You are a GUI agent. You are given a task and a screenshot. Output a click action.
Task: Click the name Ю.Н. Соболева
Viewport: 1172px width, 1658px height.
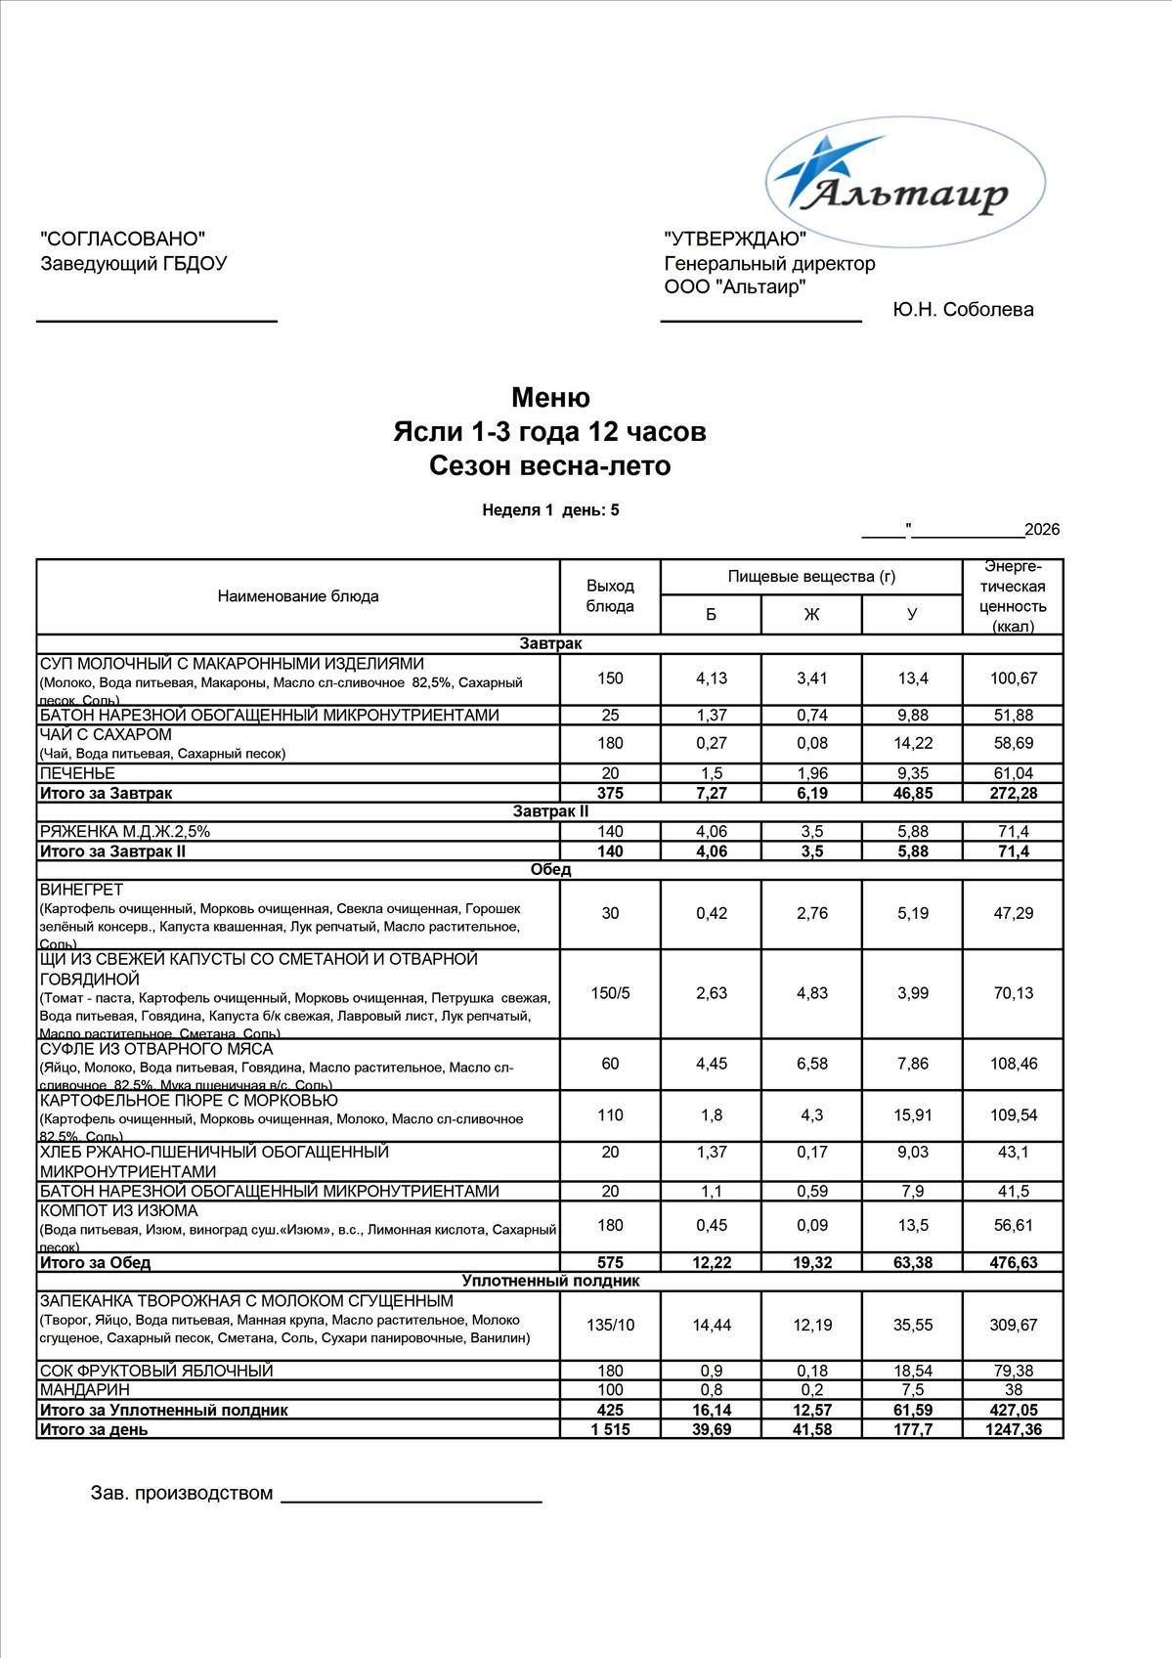[963, 310]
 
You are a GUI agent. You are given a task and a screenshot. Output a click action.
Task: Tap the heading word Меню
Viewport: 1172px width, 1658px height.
[550, 398]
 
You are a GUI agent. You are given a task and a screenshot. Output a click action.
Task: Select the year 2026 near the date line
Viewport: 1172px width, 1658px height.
[1042, 530]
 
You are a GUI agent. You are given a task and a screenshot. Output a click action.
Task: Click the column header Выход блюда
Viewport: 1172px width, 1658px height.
[610, 595]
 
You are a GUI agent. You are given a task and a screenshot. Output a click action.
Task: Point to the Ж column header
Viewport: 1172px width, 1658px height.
[811, 614]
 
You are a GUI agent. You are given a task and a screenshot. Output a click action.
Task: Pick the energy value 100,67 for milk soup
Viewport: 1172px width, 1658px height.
[1013, 678]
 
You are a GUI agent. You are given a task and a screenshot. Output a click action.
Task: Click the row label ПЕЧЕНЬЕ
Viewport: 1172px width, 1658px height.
[77, 773]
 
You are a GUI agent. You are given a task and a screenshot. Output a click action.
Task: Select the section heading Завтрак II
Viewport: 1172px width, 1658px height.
[550, 811]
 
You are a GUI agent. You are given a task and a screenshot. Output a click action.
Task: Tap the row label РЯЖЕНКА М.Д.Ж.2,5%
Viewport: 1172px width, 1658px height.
[125, 832]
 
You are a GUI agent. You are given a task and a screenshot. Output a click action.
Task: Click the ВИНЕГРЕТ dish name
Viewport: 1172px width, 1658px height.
[81, 890]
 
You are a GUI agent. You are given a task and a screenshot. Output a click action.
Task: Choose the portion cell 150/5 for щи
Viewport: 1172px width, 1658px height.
[610, 993]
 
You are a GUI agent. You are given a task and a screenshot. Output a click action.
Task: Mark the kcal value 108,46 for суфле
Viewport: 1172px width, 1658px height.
[1013, 1064]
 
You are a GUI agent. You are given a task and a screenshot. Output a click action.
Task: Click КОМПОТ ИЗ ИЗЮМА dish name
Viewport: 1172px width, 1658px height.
[118, 1211]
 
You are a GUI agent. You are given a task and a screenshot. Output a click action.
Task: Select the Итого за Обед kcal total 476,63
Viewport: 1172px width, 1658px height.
[1013, 1263]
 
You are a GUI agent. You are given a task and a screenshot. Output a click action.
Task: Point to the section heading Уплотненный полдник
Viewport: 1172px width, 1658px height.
[550, 1281]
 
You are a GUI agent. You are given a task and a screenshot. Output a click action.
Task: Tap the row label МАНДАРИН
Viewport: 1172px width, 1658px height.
[84, 1390]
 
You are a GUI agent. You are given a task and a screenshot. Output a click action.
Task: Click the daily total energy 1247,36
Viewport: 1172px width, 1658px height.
[1013, 1429]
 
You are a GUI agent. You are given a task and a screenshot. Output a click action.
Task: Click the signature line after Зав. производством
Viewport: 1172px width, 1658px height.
[411, 1499]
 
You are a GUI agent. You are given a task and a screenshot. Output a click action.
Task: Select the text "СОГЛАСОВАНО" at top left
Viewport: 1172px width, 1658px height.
[123, 240]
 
